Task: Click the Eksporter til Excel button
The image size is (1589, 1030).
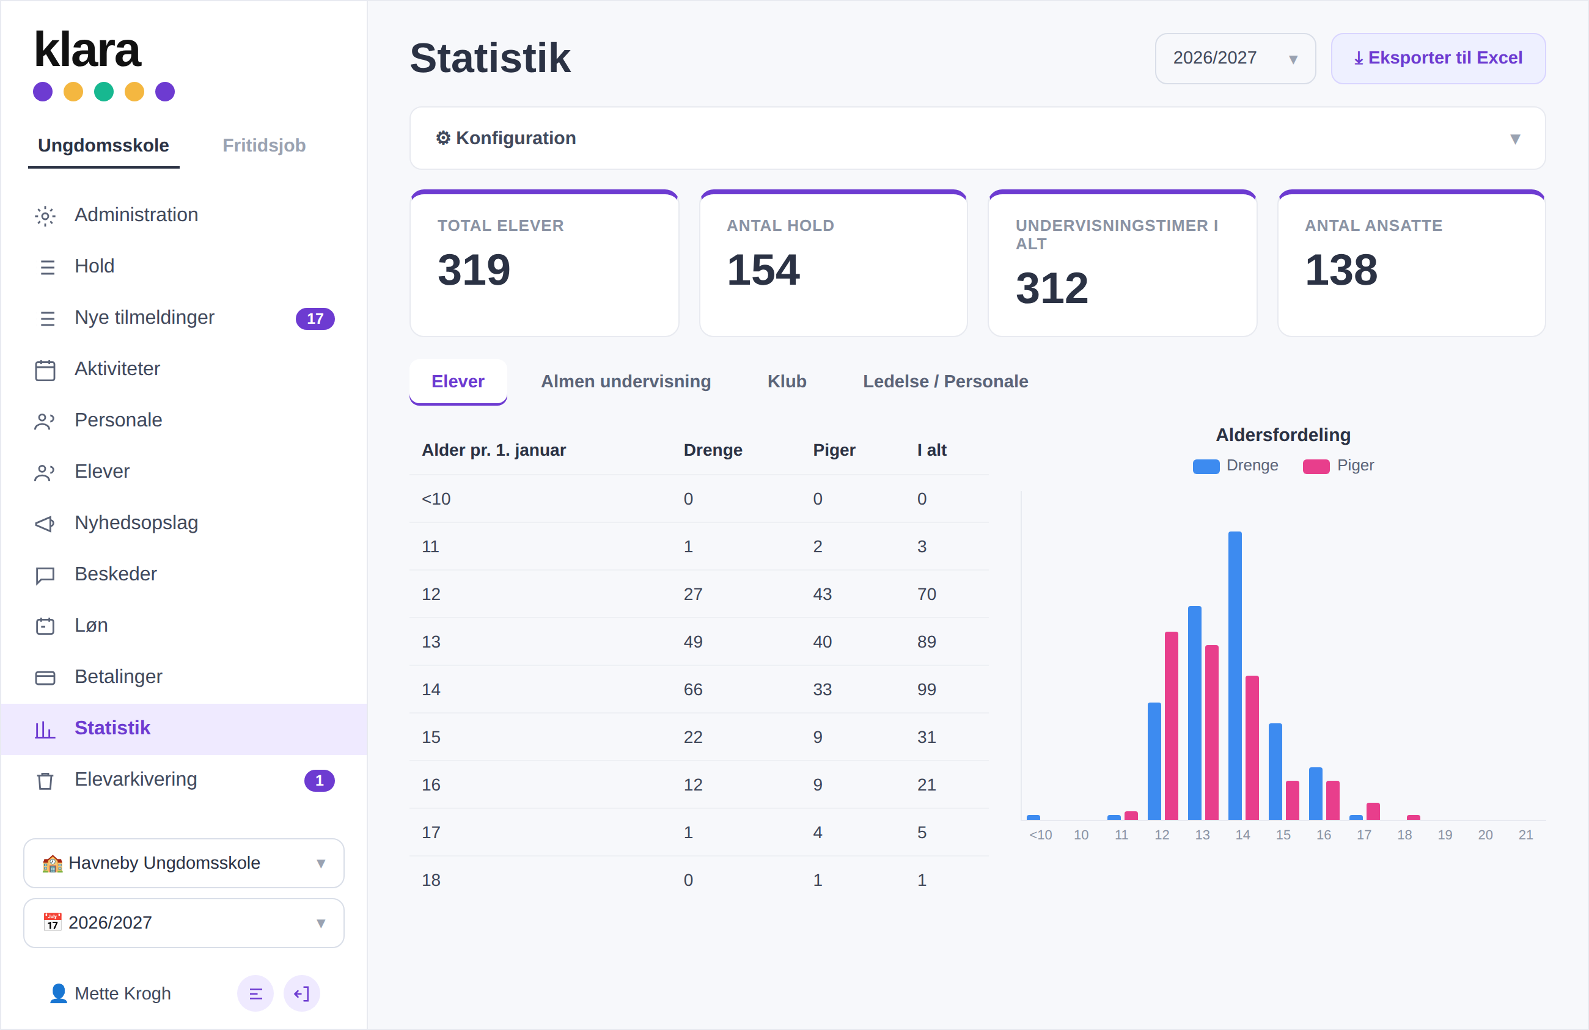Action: pyautogui.click(x=1437, y=58)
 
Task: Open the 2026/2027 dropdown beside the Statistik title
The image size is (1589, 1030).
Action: pyautogui.click(x=1235, y=58)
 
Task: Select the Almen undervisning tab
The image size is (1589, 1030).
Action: pyautogui.click(x=626, y=381)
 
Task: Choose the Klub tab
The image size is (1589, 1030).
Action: pyautogui.click(x=787, y=381)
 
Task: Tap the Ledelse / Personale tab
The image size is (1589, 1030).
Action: pyautogui.click(x=945, y=381)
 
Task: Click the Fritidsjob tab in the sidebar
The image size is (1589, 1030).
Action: pyautogui.click(x=264, y=145)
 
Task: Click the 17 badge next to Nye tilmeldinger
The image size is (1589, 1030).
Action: pyautogui.click(x=315, y=318)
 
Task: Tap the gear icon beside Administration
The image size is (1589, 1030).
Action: pyautogui.click(x=45, y=216)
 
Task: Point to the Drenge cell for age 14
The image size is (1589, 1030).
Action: pyautogui.click(x=693, y=690)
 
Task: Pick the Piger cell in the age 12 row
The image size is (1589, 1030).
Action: pyautogui.click(x=823, y=594)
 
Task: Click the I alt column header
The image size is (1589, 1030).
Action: pyautogui.click(x=932, y=450)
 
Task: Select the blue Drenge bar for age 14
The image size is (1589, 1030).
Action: pyautogui.click(x=1235, y=676)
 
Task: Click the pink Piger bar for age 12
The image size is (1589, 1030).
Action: pyautogui.click(x=1172, y=726)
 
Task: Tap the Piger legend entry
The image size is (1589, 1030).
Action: pyautogui.click(x=1338, y=466)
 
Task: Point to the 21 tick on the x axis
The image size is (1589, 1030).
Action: pyautogui.click(x=1525, y=835)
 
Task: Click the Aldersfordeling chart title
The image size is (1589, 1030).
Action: pyautogui.click(x=1283, y=434)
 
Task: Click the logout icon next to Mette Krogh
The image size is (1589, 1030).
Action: pyautogui.click(x=302, y=993)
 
